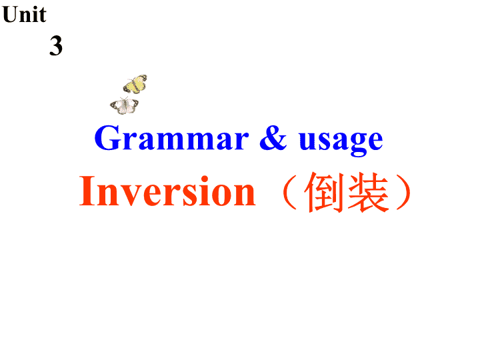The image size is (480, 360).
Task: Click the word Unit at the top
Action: (24, 15)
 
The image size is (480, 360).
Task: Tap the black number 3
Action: (56, 45)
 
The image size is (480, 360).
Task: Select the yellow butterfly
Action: (135, 84)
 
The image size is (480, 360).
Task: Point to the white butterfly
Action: (124, 105)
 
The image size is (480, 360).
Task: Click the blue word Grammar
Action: (171, 138)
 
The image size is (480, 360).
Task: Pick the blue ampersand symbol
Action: (273, 138)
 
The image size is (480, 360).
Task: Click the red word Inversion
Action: (167, 191)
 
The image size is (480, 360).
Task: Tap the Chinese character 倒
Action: (323, 192)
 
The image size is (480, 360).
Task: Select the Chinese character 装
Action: (369, 192)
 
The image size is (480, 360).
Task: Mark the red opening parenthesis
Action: (289, 192)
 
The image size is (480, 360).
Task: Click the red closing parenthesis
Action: (404, 192)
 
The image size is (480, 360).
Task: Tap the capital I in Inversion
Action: (86, 191)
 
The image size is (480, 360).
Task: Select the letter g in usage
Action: (358, 145)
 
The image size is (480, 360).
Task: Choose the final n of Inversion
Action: (244, 195)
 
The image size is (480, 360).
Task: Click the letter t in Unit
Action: (43, 16)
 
